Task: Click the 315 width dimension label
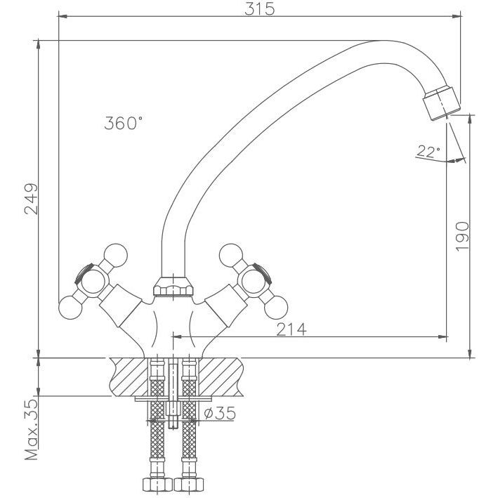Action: (259, 9)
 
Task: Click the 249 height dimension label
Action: (31, 199)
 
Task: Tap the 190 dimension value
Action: (462, 237)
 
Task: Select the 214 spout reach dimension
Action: (291, 329)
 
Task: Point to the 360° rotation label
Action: (123, 123)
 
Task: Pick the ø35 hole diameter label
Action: (220, 413)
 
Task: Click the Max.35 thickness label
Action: (31, 430)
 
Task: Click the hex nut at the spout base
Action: (173, 286)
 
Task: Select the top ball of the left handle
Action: (116, 256)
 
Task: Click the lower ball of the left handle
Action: (70, 308)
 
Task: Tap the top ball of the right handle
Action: (231, 256)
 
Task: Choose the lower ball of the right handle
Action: (276, 308)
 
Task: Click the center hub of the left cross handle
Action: (93, 282)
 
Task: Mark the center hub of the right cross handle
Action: (254, 282)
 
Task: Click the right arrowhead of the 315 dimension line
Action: (457, 16)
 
